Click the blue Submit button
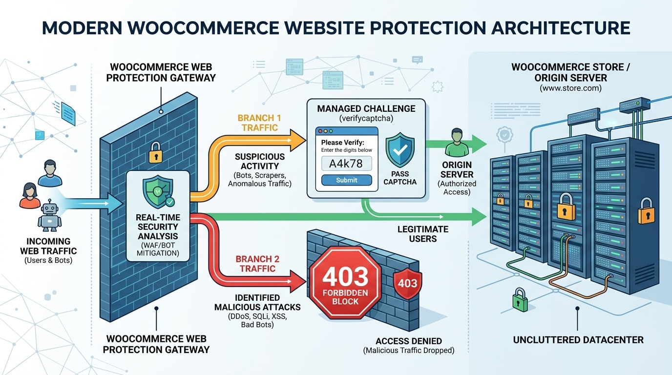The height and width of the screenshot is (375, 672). [x=346, y=180]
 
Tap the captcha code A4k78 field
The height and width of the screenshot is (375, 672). [x=346, y=164]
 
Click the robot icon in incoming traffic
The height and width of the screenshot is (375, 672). [x=49, y=216]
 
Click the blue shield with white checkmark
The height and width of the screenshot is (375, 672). [x=400, y=151]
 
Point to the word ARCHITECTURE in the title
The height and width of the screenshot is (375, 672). [x=560, y=28]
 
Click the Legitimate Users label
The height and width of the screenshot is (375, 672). [x=423, y=234]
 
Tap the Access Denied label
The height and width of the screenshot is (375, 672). [x=409, y=341]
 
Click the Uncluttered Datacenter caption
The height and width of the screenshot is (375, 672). [x=578, y=339]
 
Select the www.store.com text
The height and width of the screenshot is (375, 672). [x=570, y=89]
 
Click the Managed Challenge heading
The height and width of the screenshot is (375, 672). [x=366, y=108]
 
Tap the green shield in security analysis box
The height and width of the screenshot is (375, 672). [x=156, y=191]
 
